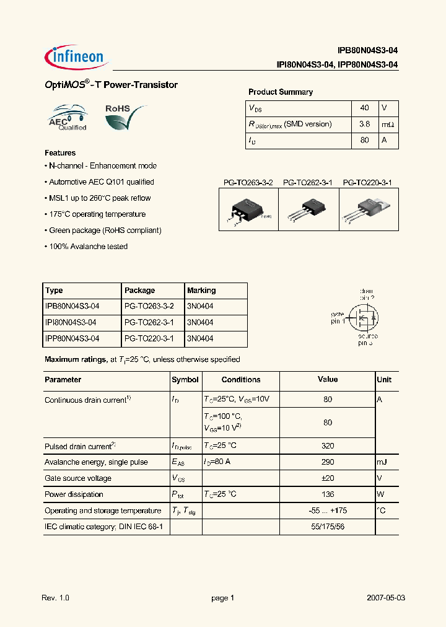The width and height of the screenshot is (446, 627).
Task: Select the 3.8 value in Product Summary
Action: tap(364, 124)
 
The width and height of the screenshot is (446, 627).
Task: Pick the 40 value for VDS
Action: tap(364, 108)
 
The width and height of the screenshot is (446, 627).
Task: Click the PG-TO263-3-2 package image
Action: tap(248, 209)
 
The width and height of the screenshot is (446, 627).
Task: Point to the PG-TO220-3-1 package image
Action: tap(369, 209)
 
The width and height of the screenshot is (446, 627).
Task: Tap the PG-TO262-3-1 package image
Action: tap(308, 209)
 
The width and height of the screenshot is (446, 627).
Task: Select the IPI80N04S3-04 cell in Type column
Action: tap(72, 322)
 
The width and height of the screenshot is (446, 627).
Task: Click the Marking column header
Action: tap(201, 291)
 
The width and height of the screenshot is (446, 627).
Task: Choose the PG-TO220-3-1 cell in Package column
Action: tap(149, 338)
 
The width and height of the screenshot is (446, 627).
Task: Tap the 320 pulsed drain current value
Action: tap(328, 446)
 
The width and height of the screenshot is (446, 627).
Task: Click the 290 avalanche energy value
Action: tap(328, 462)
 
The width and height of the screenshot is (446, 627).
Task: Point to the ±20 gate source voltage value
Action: tap(328, 478)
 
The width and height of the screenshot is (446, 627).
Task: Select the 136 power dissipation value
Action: tap(328, 494)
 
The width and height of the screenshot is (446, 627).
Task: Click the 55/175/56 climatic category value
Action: tap(328, 527)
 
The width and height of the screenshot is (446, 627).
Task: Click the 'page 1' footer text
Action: tap(223, 598)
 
